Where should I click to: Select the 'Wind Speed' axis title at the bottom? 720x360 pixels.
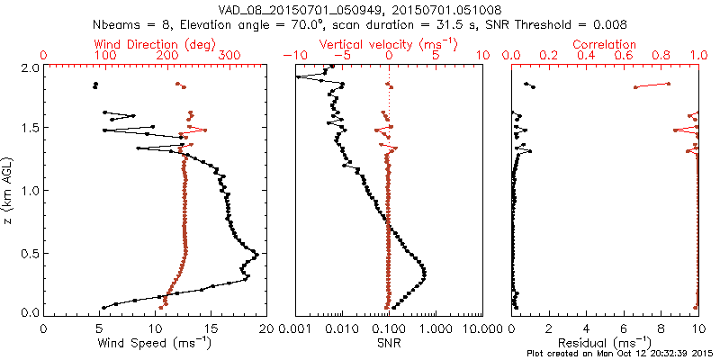[x=157, y=344]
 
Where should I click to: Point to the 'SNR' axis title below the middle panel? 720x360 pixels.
[x=389, y=344]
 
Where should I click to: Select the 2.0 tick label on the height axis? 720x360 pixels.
[x=29, y=67]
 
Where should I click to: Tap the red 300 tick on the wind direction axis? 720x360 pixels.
[x=229, y=56]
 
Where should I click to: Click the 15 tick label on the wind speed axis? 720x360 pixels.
[x=211, y=328]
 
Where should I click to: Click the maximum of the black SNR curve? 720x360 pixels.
[x=424, y=273]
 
